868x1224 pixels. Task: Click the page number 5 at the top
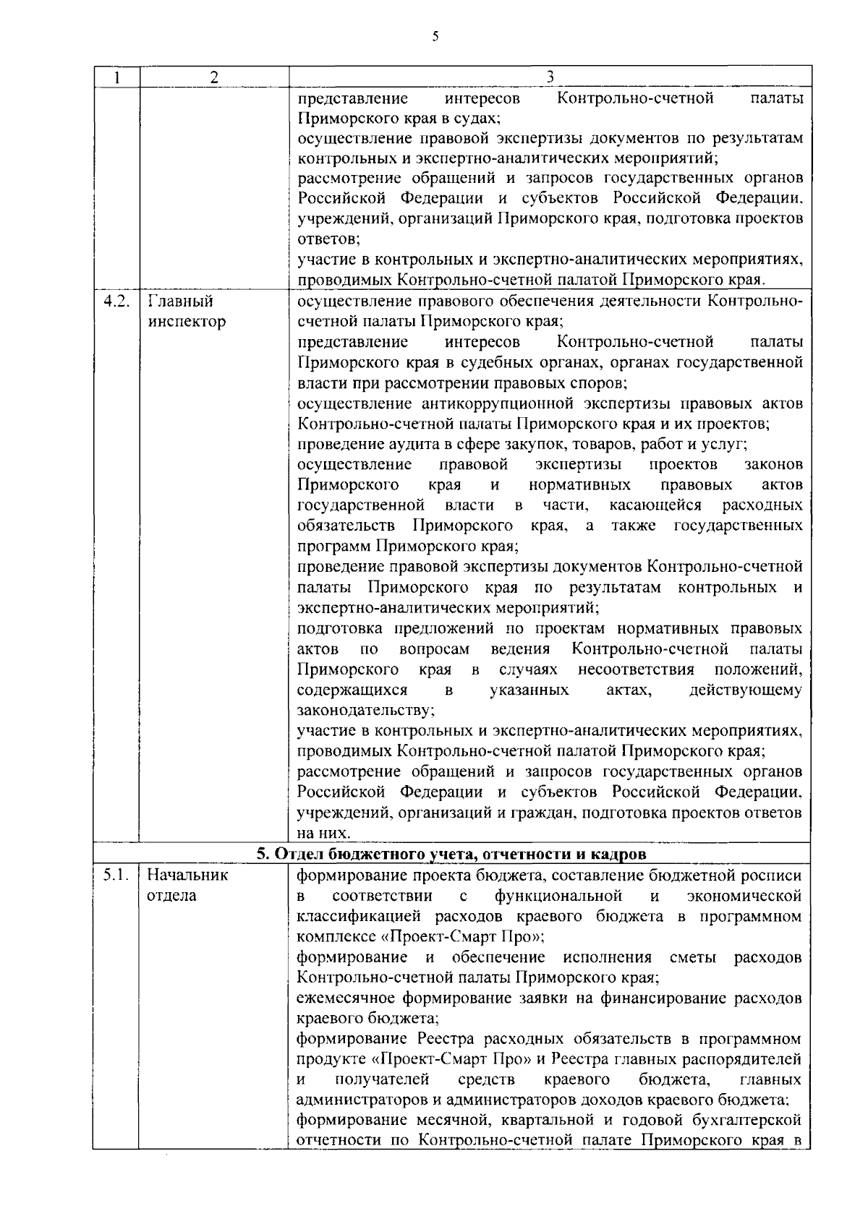435,36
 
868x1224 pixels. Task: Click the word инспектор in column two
186,322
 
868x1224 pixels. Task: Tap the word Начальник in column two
187,876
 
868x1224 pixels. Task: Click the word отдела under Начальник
171,896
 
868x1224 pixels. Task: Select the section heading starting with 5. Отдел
451,855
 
